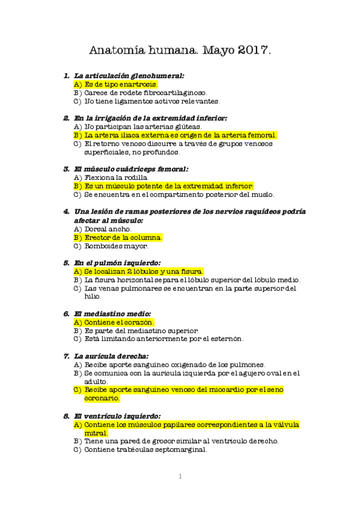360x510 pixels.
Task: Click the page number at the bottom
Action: (180, 477)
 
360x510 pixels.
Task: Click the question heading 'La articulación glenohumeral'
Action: (129, 75)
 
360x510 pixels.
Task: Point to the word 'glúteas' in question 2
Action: (186, 127)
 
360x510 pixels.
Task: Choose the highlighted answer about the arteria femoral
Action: (180, 135)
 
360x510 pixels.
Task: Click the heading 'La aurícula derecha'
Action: (115, 355)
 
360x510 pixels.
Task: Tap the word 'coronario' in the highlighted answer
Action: (102, 398)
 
